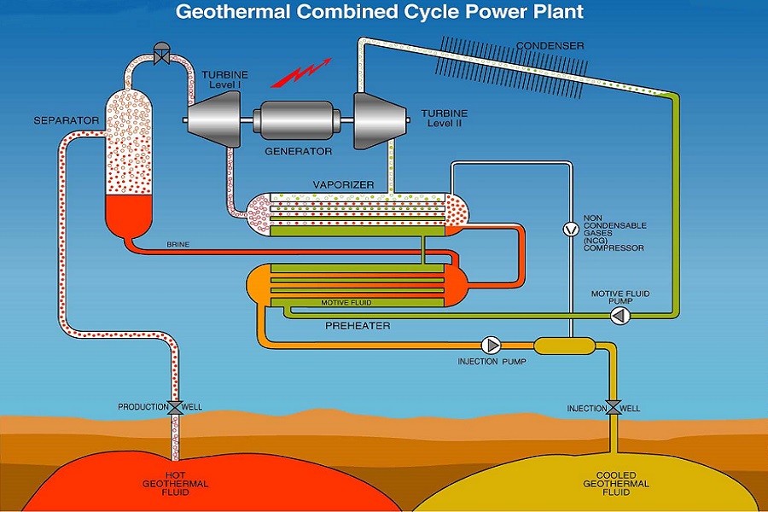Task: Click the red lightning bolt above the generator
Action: coord(301,73)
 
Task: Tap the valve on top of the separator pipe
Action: coord(161,54)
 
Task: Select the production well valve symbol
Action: coord(175,407)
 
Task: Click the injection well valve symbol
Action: coord(613,408)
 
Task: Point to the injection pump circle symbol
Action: coord(491,346)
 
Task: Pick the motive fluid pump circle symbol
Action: coord(620,316)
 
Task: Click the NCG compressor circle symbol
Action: coord(571,229)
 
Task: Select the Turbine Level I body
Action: coord(214,119)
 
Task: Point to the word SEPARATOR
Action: coord(66,120)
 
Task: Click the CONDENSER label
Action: coord(550,46)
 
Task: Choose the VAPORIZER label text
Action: coord(343,184)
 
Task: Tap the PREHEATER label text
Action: coord(358,326)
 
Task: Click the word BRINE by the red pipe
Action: coord(177,244)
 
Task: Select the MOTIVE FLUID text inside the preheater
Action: coord(346,303)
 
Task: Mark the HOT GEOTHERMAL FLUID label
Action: coord(175,484)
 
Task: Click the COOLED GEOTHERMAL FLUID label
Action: coord(616,484)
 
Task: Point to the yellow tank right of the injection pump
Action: coord(564,346)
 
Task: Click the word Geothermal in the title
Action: coord(233,12)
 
